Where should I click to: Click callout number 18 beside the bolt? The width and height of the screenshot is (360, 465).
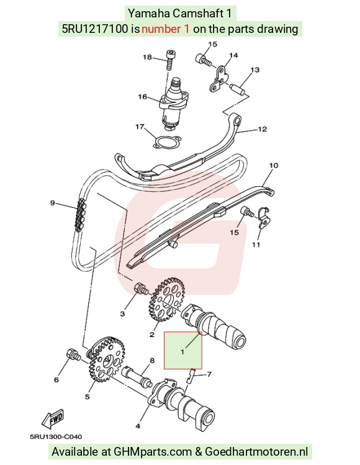click(x=147, y=57)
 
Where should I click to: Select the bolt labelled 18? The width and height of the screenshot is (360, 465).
click(x=169, y=60)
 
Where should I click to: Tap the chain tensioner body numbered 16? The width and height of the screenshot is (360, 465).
click(x=174, y=103)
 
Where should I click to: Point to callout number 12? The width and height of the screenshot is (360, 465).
click(x=263, y=129)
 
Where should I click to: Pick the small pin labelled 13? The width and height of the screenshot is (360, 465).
click(x=238, y=89)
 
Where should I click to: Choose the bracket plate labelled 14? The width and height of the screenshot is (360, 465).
click(x=219, y=78)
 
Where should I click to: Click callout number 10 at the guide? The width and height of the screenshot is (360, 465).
click(x=273, y=165)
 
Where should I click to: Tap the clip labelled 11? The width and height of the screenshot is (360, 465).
click(x=264, y=217)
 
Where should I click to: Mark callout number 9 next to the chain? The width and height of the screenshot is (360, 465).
click(x=53, y=203)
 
